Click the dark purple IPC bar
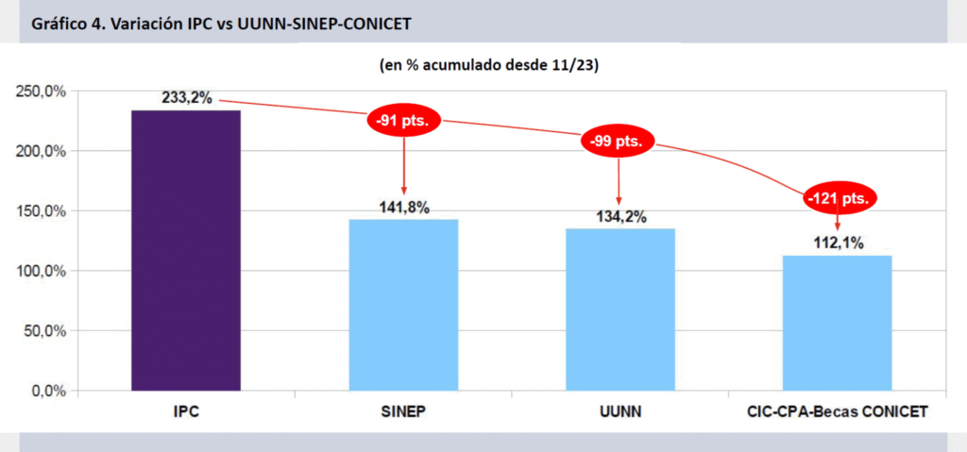point(186,250)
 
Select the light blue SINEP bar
point(403,305)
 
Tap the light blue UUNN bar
point(620,310)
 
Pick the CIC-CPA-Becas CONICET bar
point(837,323)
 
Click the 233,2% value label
point(186,98)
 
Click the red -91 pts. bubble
point(403,122)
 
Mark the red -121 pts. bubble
point(840,199)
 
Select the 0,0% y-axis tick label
point(45,391)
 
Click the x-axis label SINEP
point(403,412)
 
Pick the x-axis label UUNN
point(619,412)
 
